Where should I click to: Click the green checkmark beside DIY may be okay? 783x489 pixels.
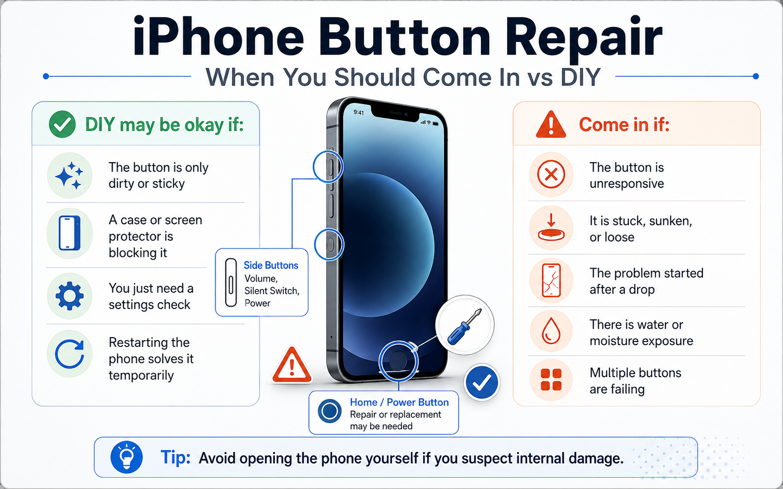coord(62,124)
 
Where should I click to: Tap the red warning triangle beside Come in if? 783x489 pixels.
coord(551,125)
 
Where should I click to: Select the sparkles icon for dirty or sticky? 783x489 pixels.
coord(69,175)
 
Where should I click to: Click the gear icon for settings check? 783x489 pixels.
coord(70,296)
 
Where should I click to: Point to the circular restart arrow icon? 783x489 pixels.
coord(70,354)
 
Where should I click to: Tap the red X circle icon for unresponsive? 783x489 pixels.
coord(551,174)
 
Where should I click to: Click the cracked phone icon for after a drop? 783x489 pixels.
coord(551,280)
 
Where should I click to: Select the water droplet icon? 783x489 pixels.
coord(551,331)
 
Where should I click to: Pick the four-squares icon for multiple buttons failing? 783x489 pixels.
coord(551,380)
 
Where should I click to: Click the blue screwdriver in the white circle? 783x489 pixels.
coord(465,327)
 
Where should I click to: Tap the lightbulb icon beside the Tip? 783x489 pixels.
coord(126,457)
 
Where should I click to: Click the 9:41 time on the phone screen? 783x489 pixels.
coord(358,112)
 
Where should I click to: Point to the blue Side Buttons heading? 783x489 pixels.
coord(271,265)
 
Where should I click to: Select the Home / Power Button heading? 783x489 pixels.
coord(399,402)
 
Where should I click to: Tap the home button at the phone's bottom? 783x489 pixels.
coord(398,361)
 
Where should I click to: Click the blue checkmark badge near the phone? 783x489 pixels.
coord(482,382)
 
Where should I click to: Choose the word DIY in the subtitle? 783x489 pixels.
coord(581,77)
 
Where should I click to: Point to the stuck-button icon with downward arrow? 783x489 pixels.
coord(551,227)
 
